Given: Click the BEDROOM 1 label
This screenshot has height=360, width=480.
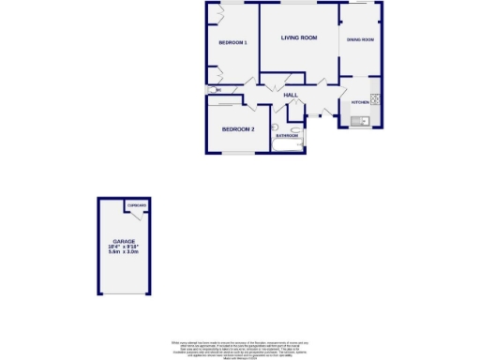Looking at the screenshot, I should click(x=232, y=43).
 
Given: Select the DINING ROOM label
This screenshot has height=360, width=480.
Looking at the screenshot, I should click(x=360, y=39).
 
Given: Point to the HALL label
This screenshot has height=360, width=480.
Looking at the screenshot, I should click(x=291, y=95).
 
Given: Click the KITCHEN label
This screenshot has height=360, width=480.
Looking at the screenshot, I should click(x=360, y=101).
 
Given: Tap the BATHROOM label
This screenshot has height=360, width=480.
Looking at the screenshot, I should click(x=287, y=136).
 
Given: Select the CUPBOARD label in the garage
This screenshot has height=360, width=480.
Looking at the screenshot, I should click(x=138, y=204).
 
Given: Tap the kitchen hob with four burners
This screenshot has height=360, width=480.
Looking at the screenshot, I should click(x=375, y=99).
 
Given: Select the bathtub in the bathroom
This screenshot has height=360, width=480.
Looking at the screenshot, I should click(x=287, y=142).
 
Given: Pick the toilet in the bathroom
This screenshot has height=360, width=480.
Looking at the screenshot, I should click(x=277, y=127).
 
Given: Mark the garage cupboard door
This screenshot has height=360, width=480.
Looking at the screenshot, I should click(x=137, y=214).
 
